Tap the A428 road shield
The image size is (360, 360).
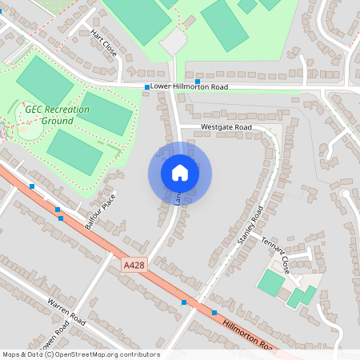coord(134,264)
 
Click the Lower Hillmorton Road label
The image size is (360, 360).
coord(190,86)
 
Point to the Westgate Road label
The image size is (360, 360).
coord(226,127)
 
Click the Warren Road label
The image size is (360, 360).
coord(66,313)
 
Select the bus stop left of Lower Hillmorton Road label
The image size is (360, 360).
coord(147,86)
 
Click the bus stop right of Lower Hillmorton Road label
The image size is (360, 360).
coord(197,82)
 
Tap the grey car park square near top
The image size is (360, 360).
coord(174,41)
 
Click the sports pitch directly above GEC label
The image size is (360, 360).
coord(44,80)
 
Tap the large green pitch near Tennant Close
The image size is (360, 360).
coord(271,282)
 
